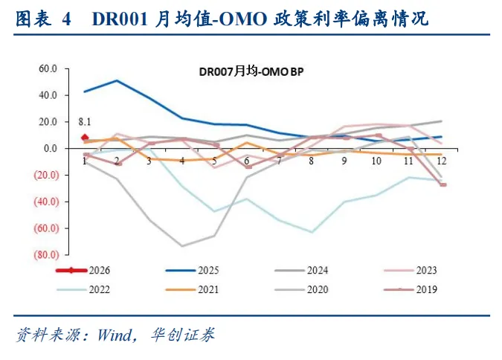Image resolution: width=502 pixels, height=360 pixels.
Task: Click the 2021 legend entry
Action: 211,289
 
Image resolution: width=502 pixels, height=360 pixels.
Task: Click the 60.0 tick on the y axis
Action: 49,68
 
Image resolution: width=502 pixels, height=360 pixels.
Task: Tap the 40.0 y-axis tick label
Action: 49,95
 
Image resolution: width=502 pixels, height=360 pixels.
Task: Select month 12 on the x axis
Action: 442,161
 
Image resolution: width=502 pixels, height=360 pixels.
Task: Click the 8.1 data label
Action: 85,122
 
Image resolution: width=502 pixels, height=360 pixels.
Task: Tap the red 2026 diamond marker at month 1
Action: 85,138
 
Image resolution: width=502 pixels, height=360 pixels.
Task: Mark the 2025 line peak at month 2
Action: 117,80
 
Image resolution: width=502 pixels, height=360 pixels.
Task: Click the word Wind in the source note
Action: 113,335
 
